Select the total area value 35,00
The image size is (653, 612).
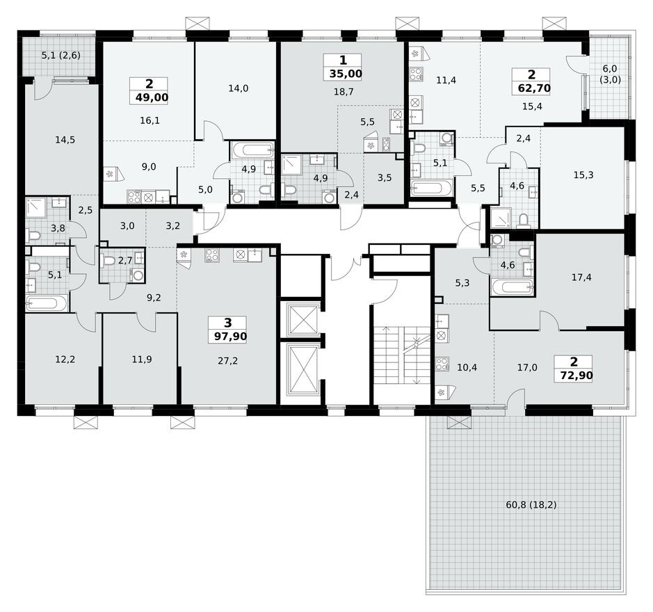[346, 72]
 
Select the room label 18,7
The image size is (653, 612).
[346, 91]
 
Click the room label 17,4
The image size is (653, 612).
[581, 277]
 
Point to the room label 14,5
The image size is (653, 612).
[65, 140]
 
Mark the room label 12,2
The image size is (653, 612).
[65, 360]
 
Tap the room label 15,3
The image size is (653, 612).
[583, 175]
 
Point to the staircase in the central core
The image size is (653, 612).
[401, 355]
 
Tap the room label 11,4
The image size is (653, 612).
[445, 80]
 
